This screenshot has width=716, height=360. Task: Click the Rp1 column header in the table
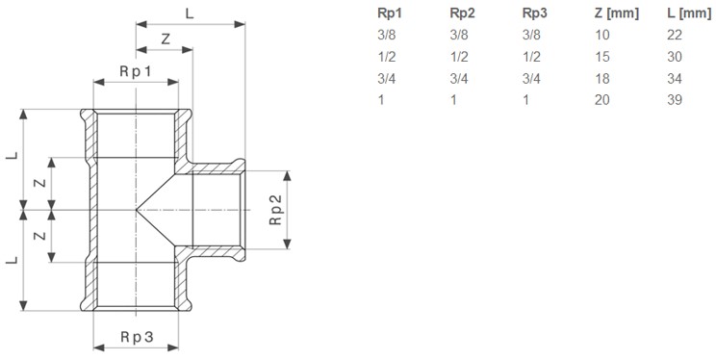coord(390,13)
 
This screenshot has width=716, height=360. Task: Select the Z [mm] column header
coord(616,13)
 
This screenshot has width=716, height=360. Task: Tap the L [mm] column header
coord(689,13)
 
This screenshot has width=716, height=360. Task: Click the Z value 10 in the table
coord(601,36)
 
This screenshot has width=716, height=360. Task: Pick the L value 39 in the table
coord(675,100)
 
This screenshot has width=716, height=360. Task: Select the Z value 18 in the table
coord(601,79)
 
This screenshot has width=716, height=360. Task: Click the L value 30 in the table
coord(675,57)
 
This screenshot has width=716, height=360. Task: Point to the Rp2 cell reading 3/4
coord(459,79)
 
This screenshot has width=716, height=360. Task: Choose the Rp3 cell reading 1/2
coord(531,57)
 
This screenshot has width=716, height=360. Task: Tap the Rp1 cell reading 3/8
coord(386,36)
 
